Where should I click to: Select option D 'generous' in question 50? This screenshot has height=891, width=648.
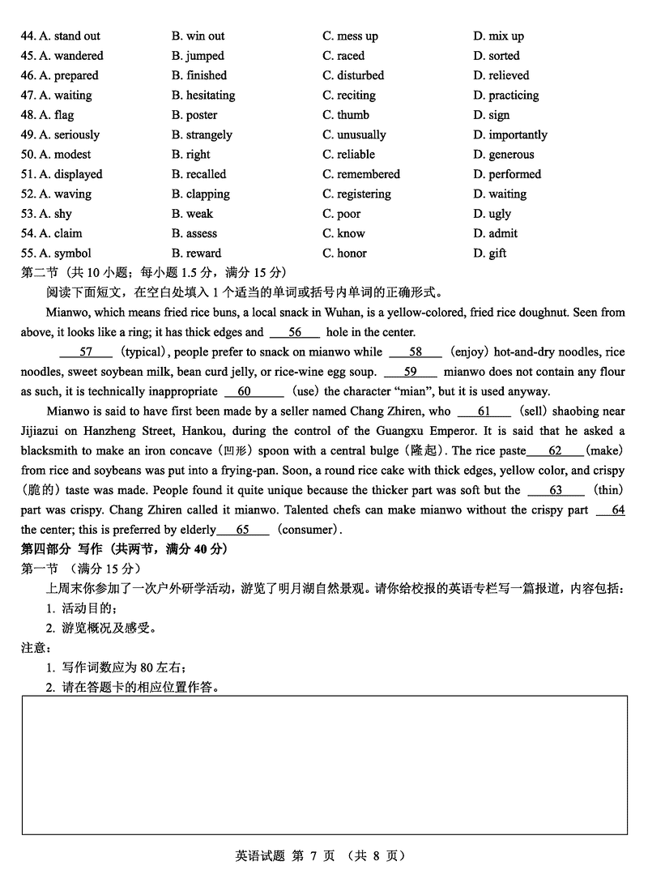click(x=504, y=155)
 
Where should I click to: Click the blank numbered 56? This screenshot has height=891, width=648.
click(x=295, y=332)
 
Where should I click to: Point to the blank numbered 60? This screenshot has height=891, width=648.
click(x=244, y=391)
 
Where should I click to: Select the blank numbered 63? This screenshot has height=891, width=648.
click(x=556, y=490)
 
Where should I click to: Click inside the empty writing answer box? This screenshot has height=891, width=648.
click(x=324, y=765)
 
